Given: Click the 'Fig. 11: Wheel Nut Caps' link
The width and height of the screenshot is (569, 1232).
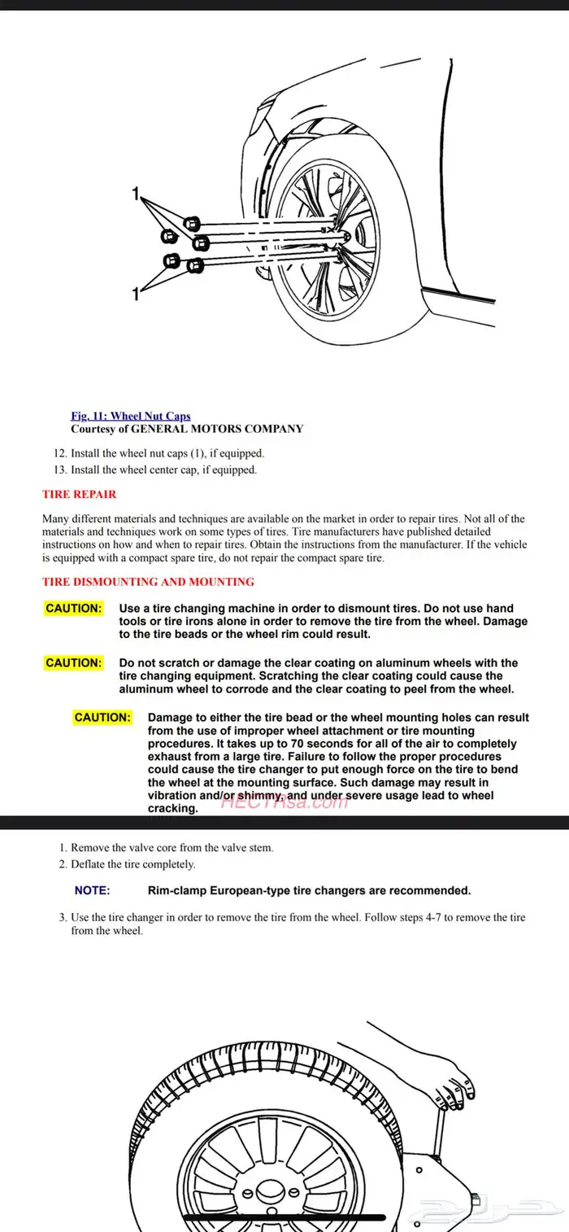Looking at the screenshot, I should tap(131, 416).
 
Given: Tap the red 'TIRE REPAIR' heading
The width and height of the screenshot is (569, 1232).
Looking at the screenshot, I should tap(79, 494).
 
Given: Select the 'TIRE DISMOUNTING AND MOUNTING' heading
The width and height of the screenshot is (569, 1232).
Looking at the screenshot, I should tap(148, 582).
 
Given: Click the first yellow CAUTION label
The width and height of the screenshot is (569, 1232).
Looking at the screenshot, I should tap(74, 609).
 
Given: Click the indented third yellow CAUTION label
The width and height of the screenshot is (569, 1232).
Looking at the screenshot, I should tap(102, 718).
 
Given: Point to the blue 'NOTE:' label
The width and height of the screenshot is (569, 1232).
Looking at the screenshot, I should tap(92, 891).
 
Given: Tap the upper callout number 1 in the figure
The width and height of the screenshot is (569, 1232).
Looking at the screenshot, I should tap(137, 194).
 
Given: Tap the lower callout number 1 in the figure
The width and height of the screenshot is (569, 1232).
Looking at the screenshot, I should tap(137, 295).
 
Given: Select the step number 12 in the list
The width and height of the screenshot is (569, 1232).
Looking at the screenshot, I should tap(59, 453).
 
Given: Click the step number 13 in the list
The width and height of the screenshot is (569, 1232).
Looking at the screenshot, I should tap(59, 470).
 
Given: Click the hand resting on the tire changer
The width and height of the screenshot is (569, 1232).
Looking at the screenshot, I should tap(453, 1089).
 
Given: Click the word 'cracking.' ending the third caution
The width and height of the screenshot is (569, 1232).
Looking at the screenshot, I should tap(172, 808).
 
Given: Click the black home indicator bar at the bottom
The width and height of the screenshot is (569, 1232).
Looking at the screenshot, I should tap(284, 1218).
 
